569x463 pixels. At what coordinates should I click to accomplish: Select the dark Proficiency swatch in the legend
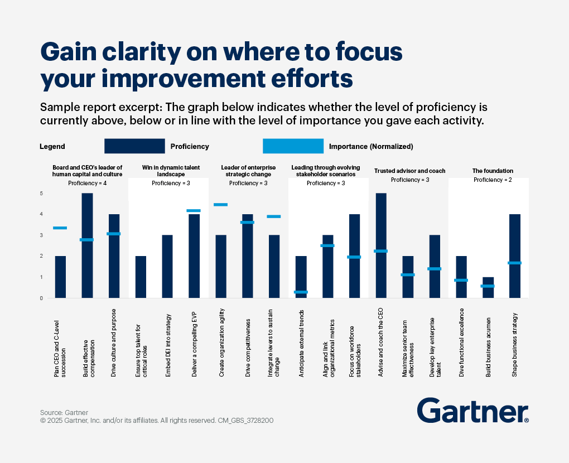click(134, 146)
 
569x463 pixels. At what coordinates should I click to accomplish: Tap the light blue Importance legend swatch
click(293, 146)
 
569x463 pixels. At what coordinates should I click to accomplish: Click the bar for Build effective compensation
click(87, 245)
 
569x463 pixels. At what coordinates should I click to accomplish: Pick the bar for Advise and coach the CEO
click(382, 245)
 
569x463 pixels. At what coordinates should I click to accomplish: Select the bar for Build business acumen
click(488, 287)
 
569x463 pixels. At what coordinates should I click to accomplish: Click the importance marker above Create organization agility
click(220, 205)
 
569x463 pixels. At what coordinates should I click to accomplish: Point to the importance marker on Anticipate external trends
click(301, 292)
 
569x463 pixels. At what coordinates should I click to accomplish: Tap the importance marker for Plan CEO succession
click(60, 228)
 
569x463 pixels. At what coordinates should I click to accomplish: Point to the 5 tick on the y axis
click(41, 194)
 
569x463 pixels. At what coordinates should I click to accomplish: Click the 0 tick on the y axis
click(41, 298)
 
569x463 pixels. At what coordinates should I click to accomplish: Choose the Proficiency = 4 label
click(87, 183)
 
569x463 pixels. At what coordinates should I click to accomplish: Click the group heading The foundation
click(493, 171)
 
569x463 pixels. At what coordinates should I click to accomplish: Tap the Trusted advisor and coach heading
click(409, 171)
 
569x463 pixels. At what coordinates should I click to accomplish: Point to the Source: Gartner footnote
click(64, 413)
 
